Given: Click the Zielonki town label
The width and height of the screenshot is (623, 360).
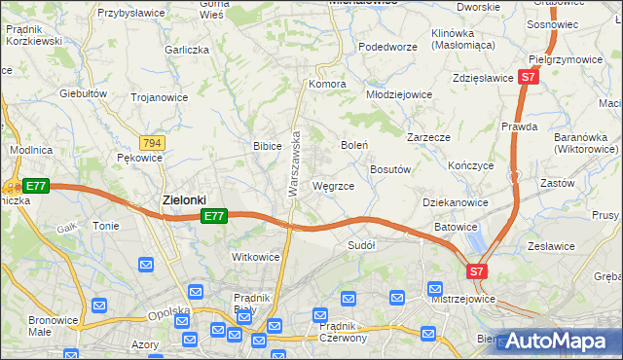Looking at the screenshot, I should (x=183, y=199).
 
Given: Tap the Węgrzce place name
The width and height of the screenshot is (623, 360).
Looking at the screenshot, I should (x=339, y=185).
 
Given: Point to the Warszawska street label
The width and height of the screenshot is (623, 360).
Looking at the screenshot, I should (x=292, y=165).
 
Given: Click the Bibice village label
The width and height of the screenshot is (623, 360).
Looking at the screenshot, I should (x=267, y=146).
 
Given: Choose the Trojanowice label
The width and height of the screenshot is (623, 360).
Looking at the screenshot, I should (x=159, y=96).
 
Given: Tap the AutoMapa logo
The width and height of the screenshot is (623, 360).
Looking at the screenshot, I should (x=558, y=342).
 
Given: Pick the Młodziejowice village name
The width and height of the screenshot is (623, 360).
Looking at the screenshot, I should (x=398, y=94).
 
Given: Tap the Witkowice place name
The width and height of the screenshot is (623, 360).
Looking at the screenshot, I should (x=255, y=257).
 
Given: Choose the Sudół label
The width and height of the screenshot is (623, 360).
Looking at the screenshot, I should (x=361, y=245).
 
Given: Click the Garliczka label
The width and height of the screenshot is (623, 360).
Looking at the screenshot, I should (x=187, y=50).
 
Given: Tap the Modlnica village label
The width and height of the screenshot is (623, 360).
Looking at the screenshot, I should (x=28, y=151).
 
